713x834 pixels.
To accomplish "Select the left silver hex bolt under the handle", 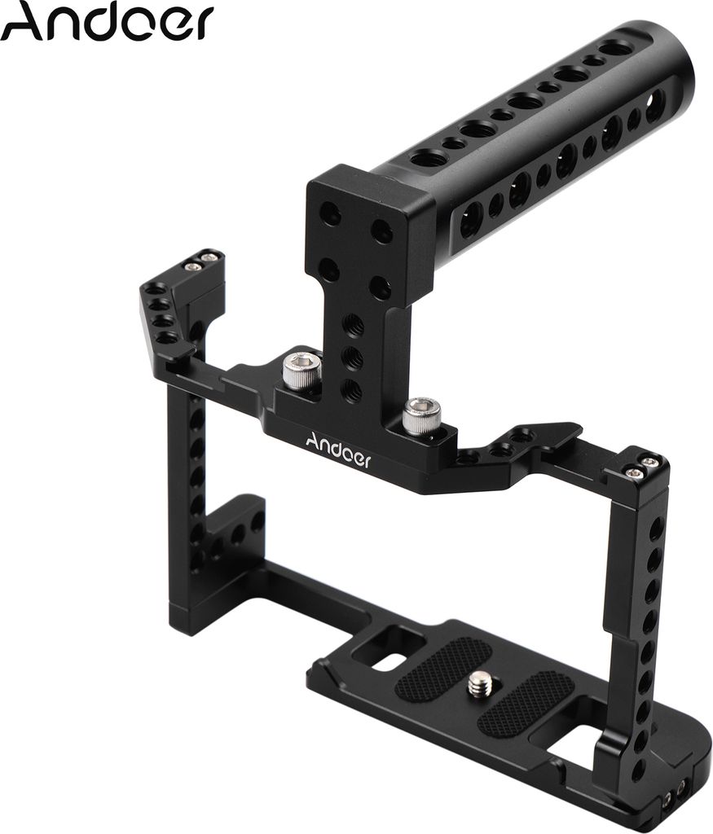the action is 297,368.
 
